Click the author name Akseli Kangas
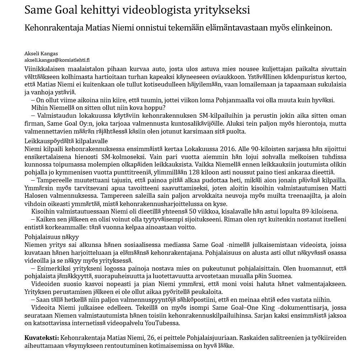41,53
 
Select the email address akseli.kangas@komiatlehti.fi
57,60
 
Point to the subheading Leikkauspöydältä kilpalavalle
66,141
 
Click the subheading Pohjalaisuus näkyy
52,237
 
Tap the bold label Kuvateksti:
42,338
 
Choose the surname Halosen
36,196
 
